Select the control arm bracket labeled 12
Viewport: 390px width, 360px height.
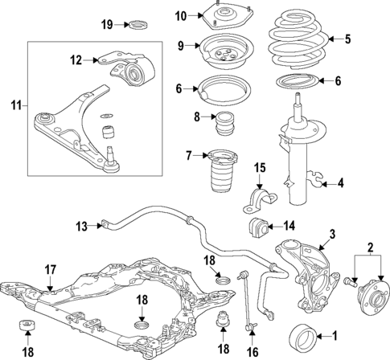coord(129,67)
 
